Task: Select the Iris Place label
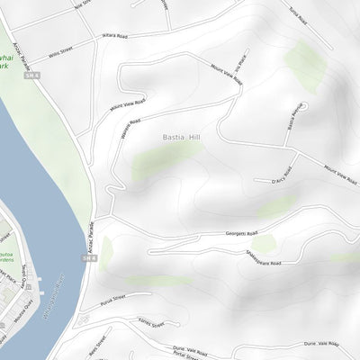240,70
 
